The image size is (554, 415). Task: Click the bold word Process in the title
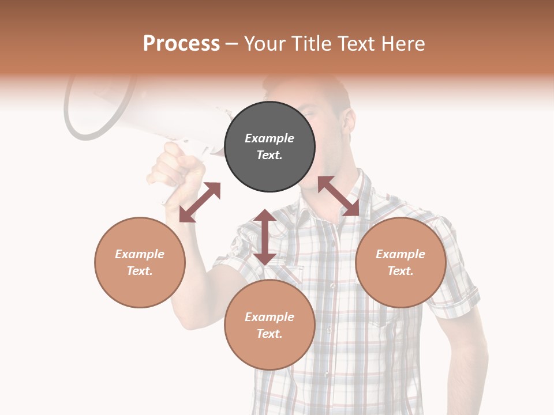181,44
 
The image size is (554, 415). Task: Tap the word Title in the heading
309,44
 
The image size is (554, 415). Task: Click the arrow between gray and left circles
200,202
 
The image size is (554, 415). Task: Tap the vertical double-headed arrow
265,237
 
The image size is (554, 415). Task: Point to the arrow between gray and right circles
339,196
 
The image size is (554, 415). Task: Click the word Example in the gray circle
269,138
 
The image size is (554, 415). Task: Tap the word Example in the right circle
400,254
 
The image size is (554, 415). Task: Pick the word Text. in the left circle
140,271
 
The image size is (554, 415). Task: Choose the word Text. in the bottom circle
269,334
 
